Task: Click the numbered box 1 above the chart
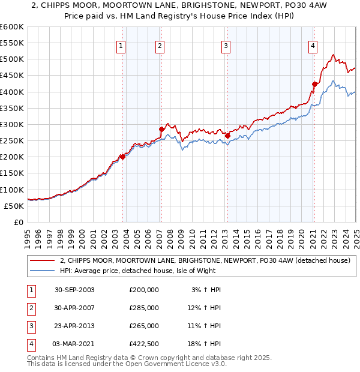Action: (121, 46)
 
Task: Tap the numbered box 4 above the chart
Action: (313, 46)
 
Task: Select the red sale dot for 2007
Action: (161, 129)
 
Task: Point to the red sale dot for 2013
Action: (227, 136)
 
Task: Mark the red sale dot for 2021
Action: (314, 84)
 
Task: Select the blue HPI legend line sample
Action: (43, 271)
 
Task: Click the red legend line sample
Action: (43, 260)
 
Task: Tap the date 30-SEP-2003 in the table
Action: (74, 290)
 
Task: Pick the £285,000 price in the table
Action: (144, 308)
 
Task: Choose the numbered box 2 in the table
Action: (31, 308)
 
